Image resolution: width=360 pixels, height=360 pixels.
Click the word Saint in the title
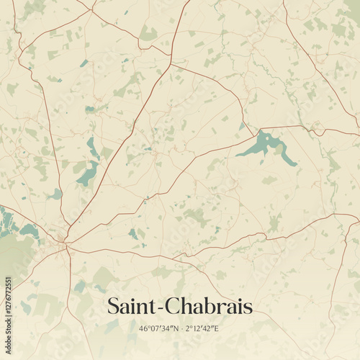click(131, 307)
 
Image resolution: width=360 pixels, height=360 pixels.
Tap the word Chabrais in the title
click(208, 307)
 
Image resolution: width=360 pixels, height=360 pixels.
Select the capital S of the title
click(113, 307)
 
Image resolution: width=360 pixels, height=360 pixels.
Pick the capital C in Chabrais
click(171, 307)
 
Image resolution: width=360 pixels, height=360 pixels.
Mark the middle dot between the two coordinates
click(181, 329)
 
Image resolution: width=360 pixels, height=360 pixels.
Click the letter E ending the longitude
click(217, 329)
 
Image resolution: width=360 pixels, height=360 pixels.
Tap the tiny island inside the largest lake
click(266, 142)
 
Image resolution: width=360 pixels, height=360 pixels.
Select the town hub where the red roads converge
click(65, 246)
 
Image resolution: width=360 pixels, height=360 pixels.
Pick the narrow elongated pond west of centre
click(93, 148)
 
